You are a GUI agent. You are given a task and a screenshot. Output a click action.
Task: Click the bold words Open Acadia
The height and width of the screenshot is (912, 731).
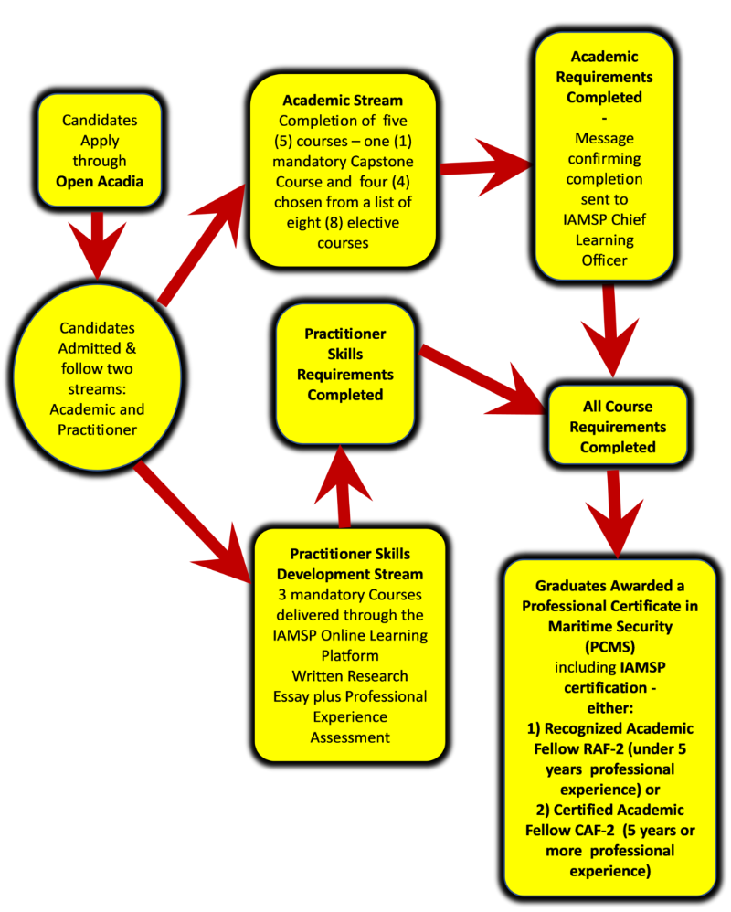click(99, 180)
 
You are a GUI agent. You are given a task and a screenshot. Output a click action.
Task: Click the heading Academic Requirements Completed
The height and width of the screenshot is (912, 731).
click(604, 77)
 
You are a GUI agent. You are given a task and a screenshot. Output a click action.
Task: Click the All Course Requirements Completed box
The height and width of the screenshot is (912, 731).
click(618, 427)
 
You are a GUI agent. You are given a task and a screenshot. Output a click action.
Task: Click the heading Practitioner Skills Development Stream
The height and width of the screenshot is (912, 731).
click(350, 565)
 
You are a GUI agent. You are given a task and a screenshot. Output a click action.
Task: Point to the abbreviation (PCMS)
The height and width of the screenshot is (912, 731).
click(609, 646)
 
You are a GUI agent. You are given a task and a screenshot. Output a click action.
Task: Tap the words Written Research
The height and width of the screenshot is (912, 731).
click(350, 676)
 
